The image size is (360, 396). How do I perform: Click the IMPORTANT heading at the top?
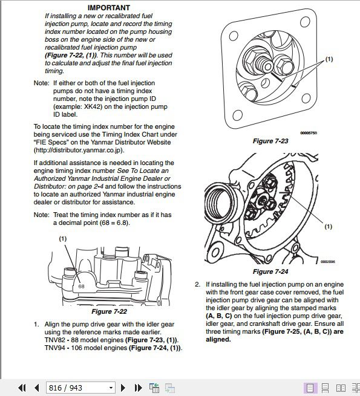(109, 8)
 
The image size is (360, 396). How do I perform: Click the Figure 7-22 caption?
(110, 311)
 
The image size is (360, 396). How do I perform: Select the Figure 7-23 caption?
(270, 141)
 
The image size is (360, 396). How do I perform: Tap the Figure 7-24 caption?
(270, 271)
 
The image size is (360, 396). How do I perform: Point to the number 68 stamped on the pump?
(81, 287)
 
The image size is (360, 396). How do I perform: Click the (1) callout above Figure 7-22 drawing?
(63, 238)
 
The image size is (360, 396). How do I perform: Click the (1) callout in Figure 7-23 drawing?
(329, 59)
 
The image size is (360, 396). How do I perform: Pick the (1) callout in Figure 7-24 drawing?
(328, 227)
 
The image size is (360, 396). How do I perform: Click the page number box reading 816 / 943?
(80, 388)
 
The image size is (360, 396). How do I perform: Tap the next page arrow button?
(123, 388)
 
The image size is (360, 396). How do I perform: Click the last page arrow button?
(138, 388)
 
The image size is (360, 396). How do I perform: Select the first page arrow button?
(22, 388)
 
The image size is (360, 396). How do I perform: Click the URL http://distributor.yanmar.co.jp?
(79, 151)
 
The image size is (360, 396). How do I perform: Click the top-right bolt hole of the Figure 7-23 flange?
(305, 22)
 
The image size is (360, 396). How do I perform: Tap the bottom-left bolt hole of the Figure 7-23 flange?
(237, 115)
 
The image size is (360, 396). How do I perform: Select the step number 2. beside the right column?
(197, 284)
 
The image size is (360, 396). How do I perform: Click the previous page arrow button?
(37, 388)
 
